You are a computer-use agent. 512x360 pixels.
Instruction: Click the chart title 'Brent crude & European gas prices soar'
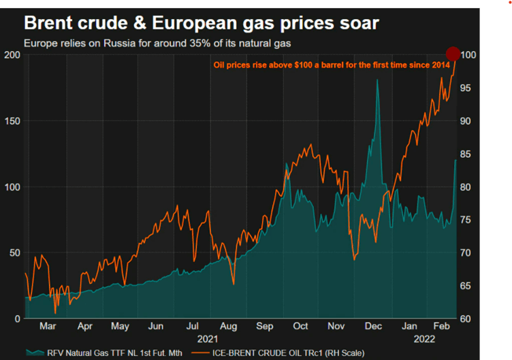(x=201, y=24)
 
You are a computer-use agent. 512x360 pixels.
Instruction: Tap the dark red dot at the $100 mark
(x=453, y=54)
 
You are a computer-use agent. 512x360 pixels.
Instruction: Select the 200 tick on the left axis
(x=11, y=55)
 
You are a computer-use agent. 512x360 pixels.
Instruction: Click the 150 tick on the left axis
(x=11, y=121)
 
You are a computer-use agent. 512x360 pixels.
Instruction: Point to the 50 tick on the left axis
(x=13, y=253)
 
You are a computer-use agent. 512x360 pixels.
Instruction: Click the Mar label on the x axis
(x=47, y=327)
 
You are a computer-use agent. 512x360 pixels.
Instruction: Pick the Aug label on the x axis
(x=229, y=327)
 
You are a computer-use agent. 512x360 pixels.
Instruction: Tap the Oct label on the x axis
(x=301, y=327)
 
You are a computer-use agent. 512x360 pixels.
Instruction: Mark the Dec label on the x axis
(x=373, y=327)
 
